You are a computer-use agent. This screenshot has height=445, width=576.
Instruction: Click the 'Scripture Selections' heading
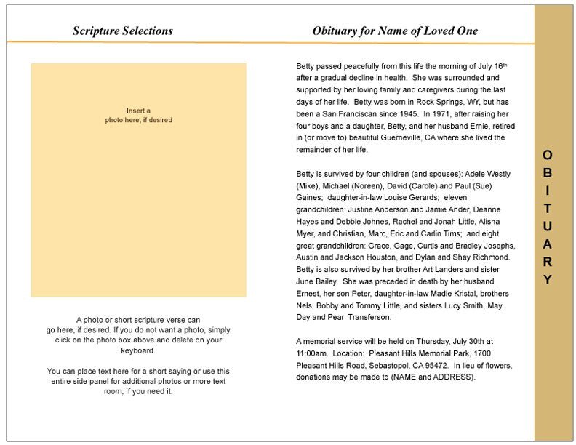123,31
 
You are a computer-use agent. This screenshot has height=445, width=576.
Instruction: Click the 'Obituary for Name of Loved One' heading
395,31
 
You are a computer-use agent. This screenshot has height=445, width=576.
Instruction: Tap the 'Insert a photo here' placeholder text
138,115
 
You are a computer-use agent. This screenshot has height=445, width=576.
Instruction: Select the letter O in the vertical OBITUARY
548,155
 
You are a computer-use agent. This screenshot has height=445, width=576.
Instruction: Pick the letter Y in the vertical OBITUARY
548,280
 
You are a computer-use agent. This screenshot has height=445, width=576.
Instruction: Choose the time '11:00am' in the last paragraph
311,353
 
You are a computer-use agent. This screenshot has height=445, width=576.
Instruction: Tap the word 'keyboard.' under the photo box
138,350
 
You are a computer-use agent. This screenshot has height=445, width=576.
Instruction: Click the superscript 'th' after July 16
505,65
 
